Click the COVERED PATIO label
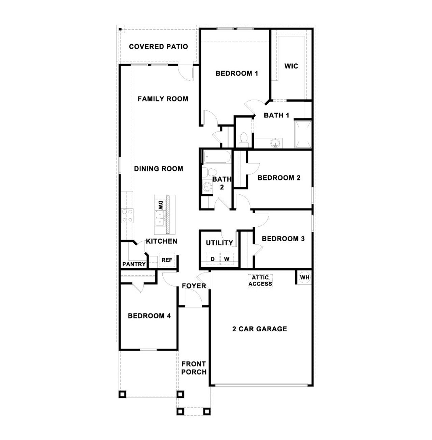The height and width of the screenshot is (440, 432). click(158, 47)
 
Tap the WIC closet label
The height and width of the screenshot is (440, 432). click(291, 66)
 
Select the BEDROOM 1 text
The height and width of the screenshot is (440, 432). click(237, 73)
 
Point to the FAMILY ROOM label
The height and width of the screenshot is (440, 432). click(163, 99)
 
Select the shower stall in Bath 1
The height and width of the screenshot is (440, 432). click(303, 134)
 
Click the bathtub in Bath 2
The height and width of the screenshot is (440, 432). click(217, 157)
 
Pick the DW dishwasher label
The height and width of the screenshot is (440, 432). click(161, 204)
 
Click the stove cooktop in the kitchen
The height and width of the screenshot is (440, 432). click(127, 216)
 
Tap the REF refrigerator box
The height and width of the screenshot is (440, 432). click(167, 260)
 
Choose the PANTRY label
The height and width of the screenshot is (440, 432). click(134, 264)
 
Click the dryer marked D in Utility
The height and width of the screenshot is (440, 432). click(213, 259)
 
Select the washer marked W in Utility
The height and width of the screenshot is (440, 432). click(227, 259)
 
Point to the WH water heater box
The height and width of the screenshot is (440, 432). click(304, 277)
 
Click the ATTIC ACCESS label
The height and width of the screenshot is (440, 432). click(260, 281)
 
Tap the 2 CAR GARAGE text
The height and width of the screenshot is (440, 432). click(260, 329)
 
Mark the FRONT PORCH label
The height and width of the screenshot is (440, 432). click(194, 368)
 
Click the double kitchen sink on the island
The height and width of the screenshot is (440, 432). click(160, 219)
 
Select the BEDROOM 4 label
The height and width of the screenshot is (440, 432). click(149, 316)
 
